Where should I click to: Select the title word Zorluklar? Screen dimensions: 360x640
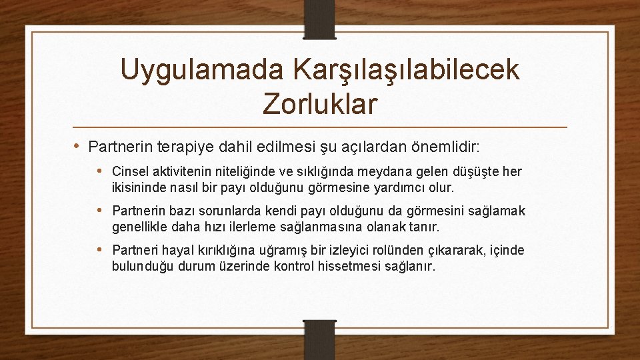pos(320,103)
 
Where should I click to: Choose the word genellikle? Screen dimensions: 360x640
pos(139,227)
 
